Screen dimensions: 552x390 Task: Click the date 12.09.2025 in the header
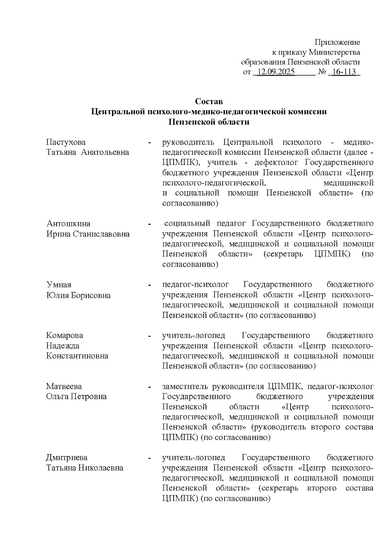pos(276,72)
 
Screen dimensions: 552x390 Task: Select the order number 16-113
pos(344,72)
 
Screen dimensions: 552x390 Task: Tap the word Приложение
pos(337,42)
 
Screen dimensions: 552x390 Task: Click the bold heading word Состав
pos(209,101)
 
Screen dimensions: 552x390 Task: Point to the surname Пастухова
pos(66,142)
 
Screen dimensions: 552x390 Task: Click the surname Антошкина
pos(68,223)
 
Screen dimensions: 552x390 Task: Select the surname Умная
pos(58,285)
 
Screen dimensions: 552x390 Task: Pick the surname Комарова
pos(64,335)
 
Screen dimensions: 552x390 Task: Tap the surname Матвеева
pos(64,386)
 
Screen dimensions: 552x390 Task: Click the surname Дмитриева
pos(67,457)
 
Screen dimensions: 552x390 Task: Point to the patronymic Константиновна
pos(77,356)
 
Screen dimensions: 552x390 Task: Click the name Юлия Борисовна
pos(78,295)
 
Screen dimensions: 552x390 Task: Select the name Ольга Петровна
pos(76,397)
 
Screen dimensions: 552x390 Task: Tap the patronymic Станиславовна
pos(101,234)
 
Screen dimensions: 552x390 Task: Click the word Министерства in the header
pos(334,52)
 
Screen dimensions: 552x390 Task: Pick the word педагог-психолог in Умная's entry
pos(196,285)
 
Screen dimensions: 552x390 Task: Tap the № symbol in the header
pos(322,72)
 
